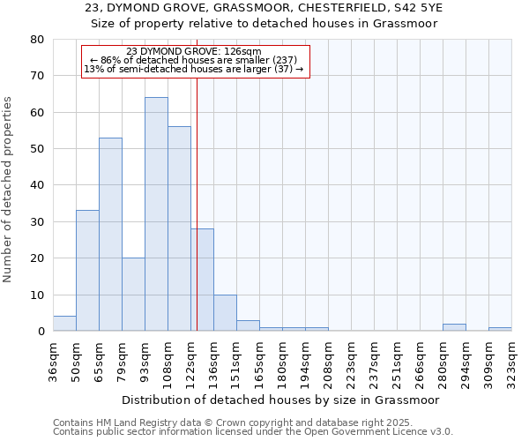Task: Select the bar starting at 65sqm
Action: point(110,235)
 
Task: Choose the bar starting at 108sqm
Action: point(179,229)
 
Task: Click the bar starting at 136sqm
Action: point(225,313)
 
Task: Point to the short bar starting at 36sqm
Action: point(64,324)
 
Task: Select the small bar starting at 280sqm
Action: point(454,327)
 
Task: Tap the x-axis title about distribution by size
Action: point(282,400)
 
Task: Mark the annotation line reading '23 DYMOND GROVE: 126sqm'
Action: point(194,52)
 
